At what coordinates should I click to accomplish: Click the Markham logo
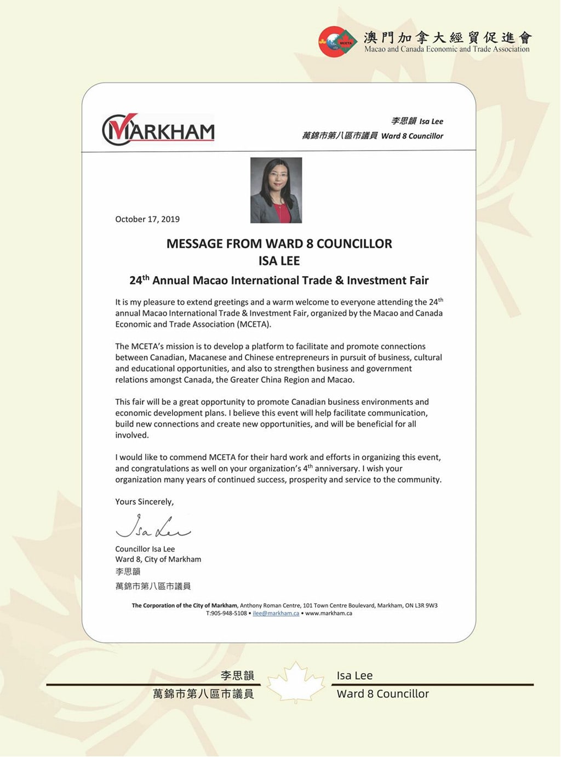pos(158,130)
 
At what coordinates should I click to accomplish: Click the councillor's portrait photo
pos(276,190)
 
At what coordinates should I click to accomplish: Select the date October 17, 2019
pos(147,219)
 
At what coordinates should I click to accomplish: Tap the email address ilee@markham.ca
pos(276,613)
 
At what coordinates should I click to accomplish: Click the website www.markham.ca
pos(329,613)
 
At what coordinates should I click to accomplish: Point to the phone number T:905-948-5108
pos(226,613)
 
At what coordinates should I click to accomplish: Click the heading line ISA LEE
pos(279,261)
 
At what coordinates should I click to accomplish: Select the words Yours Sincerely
pos(144,502)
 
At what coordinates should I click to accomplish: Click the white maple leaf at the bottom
pos(296,683)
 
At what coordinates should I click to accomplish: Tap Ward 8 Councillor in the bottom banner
pos(382,694)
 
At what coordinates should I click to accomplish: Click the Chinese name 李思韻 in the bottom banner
pos(237,676)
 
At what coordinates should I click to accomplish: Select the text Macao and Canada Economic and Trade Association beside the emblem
pos(447,49)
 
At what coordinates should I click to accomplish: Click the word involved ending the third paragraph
pos(131,435)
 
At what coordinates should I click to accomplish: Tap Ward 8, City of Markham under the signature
pos(158,559)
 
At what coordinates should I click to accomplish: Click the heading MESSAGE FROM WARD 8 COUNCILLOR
pos(279,244)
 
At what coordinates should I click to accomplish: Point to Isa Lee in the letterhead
pos(431,122)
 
